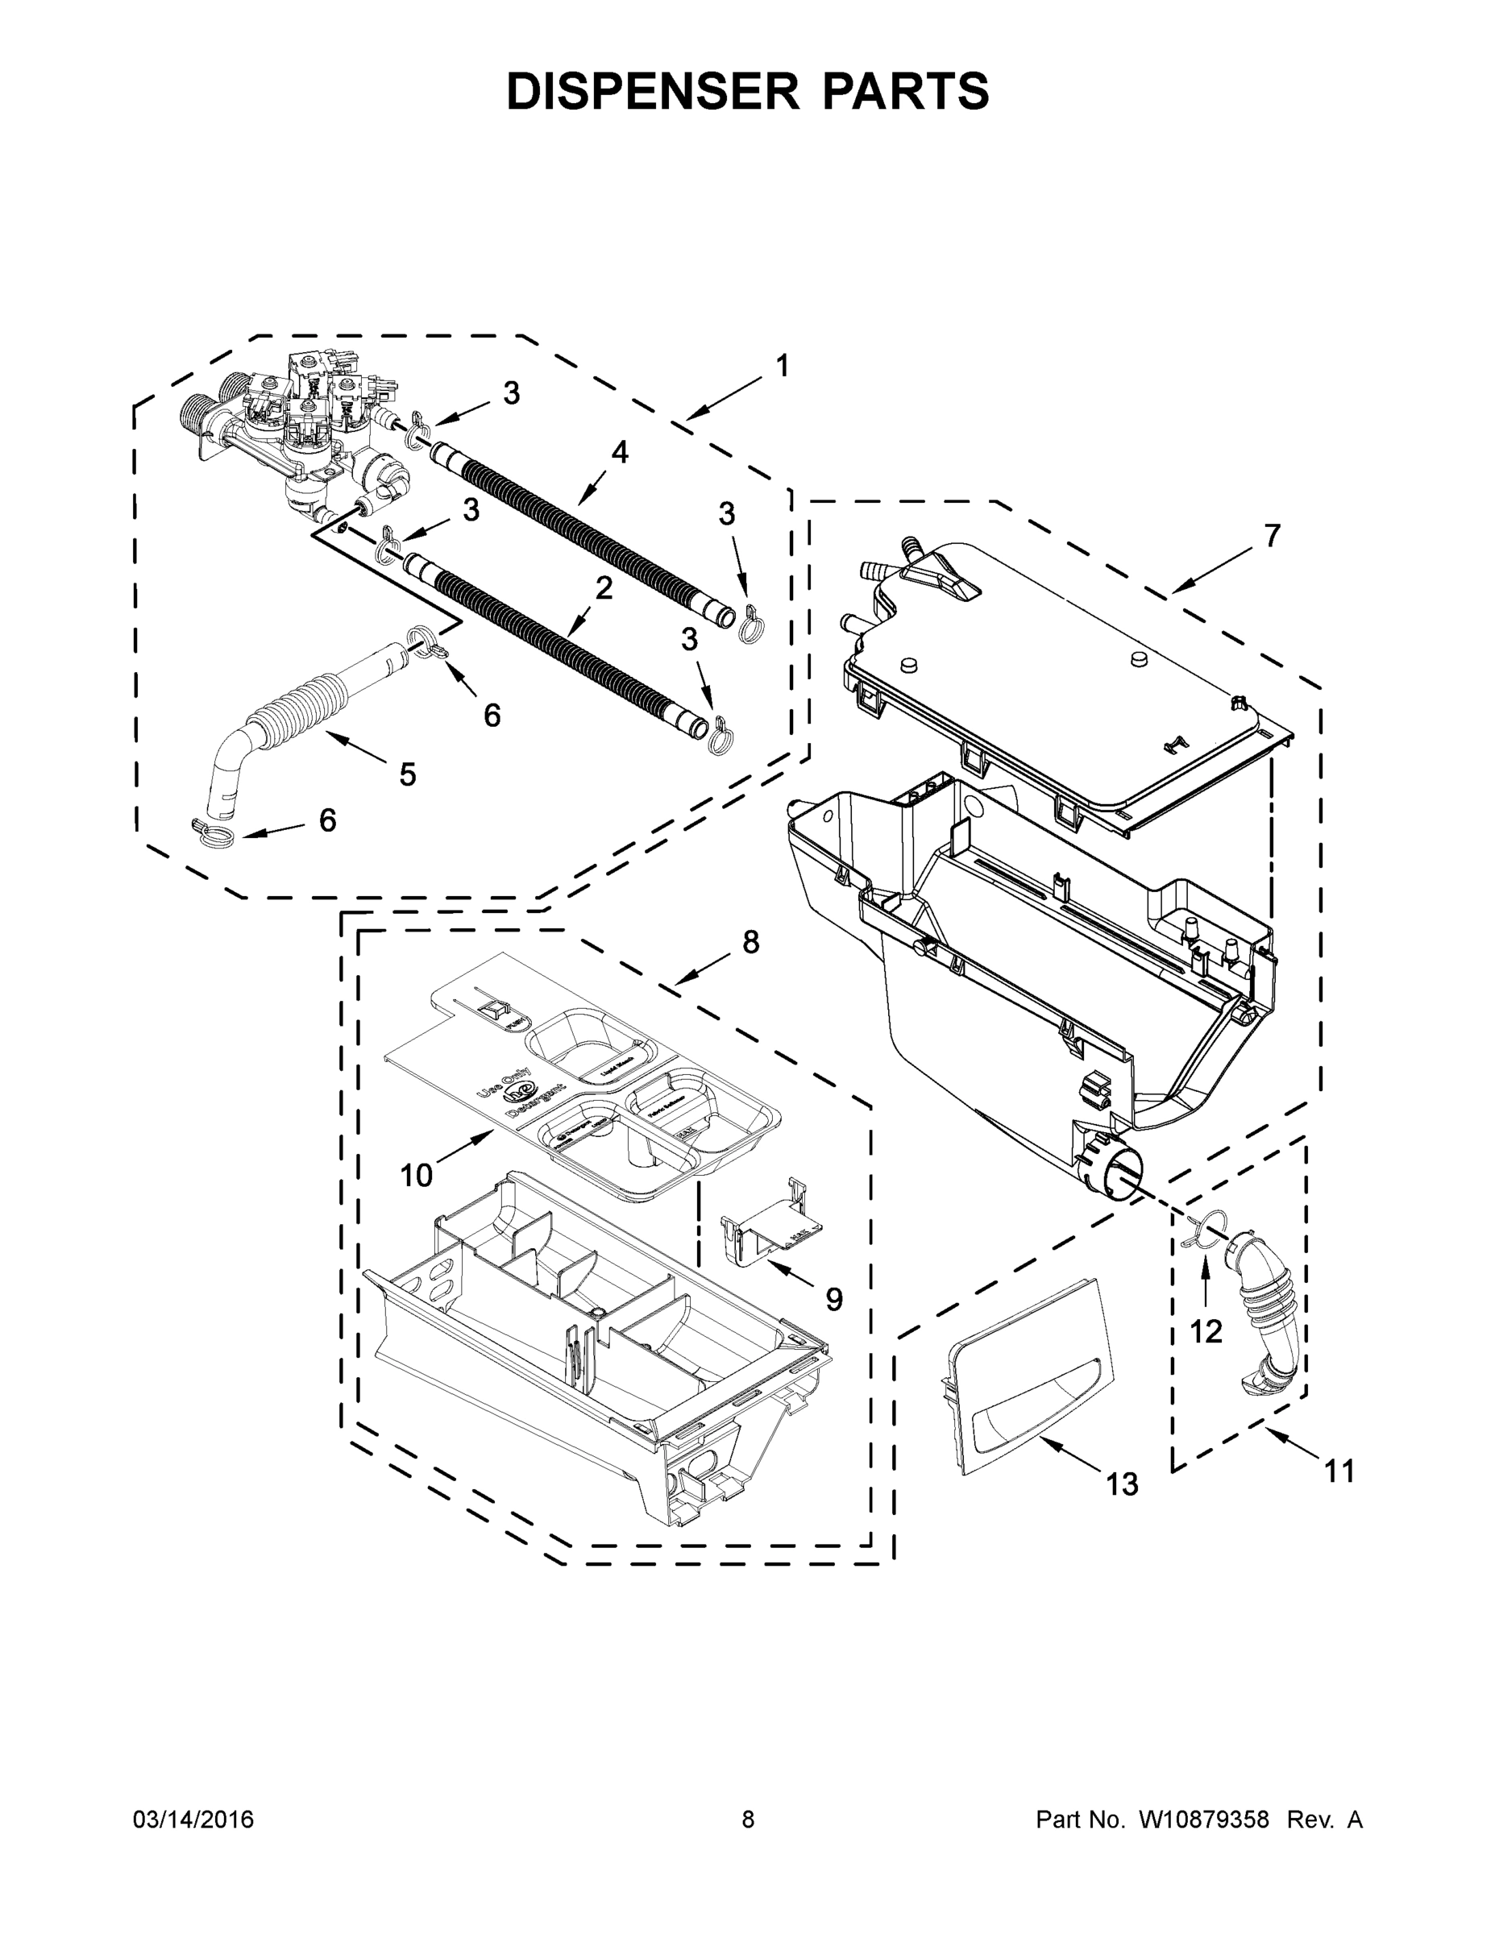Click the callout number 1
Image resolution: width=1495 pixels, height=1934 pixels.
[781, 365]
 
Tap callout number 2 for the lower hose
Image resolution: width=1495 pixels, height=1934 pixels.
[603, 588]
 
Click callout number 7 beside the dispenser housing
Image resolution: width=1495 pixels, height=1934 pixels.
[1272, 536]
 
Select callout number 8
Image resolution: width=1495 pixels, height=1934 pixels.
[750, 943]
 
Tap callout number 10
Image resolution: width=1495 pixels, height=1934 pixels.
[415, 1176]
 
